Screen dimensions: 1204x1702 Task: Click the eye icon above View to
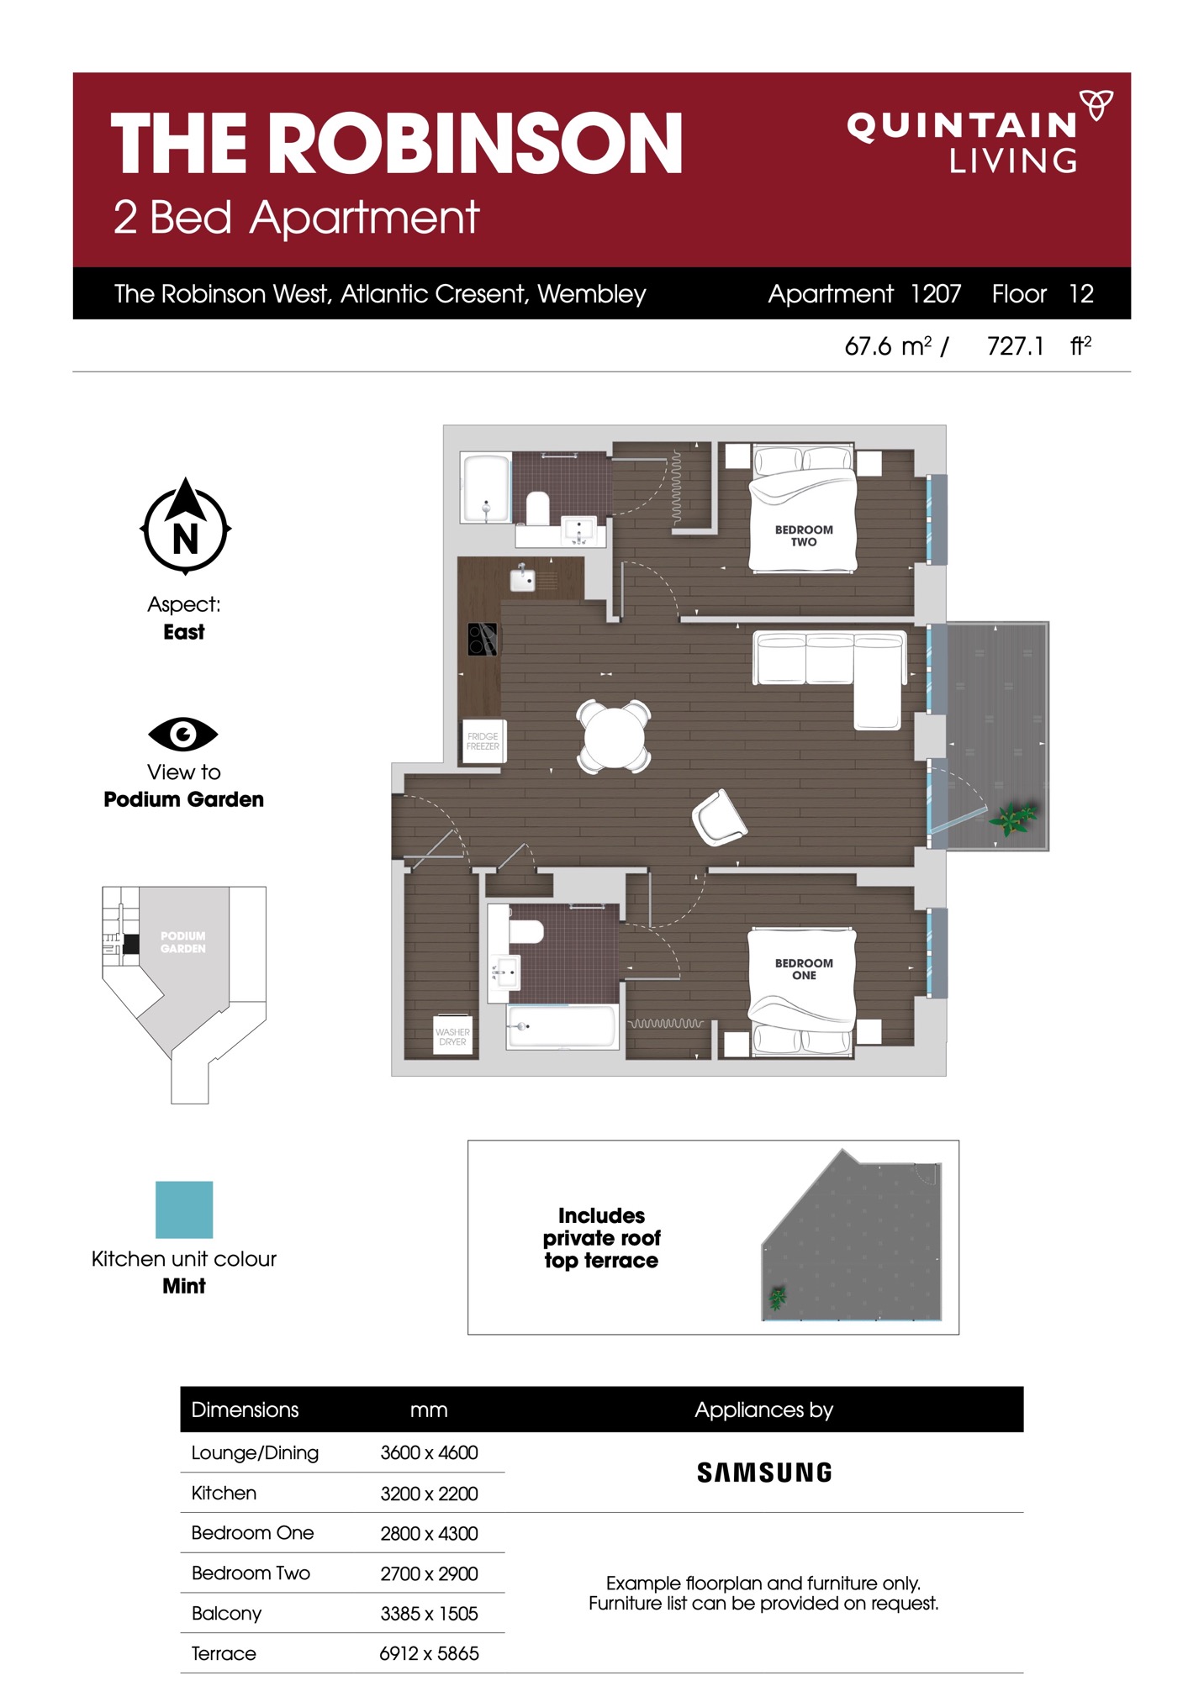[x=183, y=734]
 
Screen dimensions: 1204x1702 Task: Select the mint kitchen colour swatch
[x=184, y=1209]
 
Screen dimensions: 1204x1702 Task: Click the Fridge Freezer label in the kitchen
[x=483, y=741]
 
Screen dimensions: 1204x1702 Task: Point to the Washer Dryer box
[x=452, y=1034]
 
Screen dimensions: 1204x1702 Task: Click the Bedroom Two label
[x=804, y=535]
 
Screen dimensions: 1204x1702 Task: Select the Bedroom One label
[x=804, y=969]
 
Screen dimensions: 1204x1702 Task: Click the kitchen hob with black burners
[x=483, y=639]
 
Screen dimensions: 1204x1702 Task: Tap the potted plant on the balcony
[x=1013, y=817]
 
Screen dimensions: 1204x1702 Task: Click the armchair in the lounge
[x=719, y=818]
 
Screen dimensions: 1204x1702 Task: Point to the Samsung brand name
[x=764, y=1473]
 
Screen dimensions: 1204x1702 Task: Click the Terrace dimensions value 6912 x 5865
[x=429, y=1653]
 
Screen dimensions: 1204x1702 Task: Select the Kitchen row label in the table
[x=224, y=1493]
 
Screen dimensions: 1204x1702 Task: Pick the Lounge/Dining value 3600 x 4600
[x=429, y=1452]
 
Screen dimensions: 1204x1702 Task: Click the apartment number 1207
[x=936, y=293]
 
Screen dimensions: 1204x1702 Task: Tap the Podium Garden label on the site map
[x=183, y=942]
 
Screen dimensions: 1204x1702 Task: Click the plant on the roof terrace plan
[x=778, y=1299]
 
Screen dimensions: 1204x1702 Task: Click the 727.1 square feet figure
[x=1016, y=346]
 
